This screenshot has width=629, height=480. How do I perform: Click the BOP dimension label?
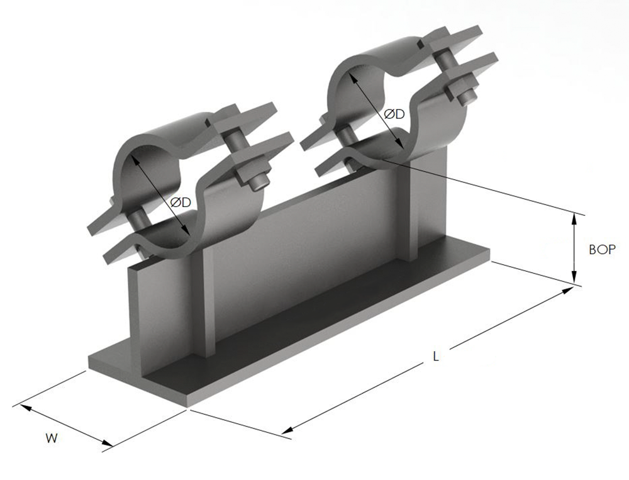[x=602, y=249]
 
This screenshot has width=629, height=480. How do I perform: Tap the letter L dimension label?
[x=436, y=356]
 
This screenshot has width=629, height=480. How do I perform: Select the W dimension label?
[x=52, y=438]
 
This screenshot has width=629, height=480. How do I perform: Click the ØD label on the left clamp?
[x=181, y=203]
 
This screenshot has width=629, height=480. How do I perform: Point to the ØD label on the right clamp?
[x=394, y=114]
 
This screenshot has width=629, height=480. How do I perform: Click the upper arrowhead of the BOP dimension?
[x=574, y=220]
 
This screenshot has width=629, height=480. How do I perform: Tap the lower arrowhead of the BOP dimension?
[x=574, y=277]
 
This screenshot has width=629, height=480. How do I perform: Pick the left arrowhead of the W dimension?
[x=25, y=408]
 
